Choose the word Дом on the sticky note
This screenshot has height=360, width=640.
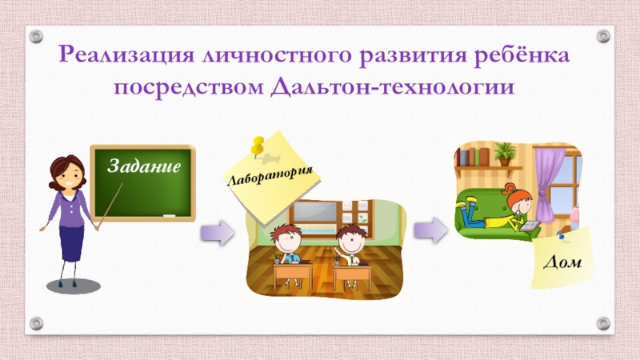click(564, 262)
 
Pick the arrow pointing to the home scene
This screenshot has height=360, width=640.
click(431, 229)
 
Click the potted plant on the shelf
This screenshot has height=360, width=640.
click(504, 153)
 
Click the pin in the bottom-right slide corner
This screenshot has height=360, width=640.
click(603, 324)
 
